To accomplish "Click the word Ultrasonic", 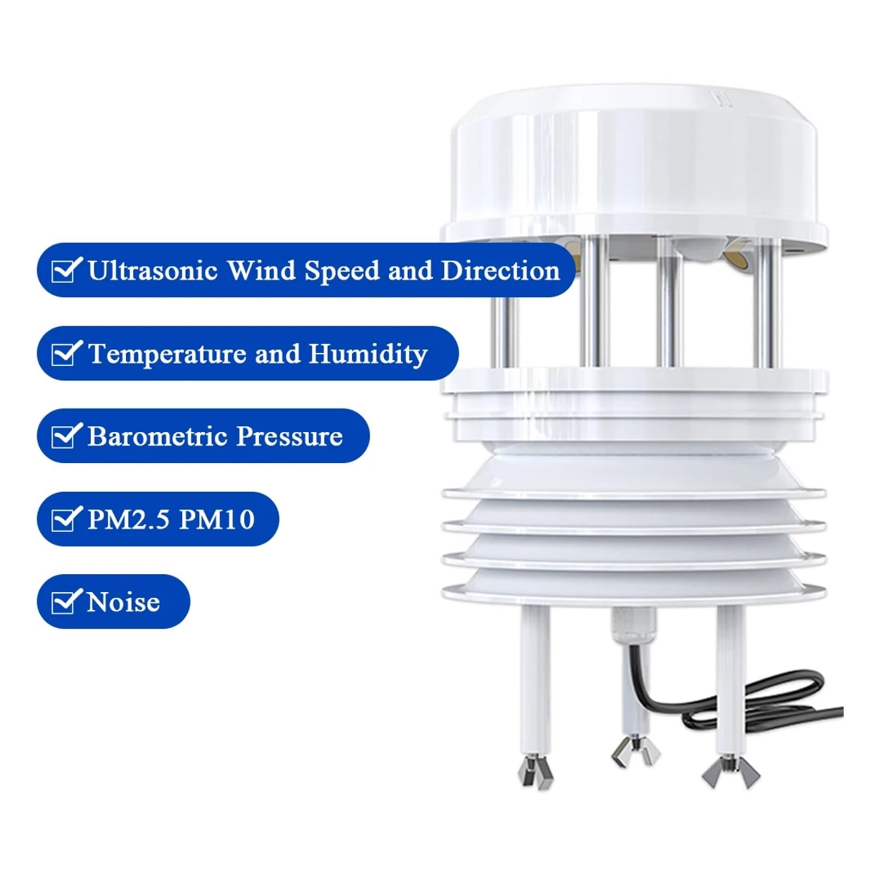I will pyautogui.click(x=152, y=271).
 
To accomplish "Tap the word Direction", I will pyautogui.click(x=500, y=271).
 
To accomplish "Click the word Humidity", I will pyautogui.click(x=368, y=354).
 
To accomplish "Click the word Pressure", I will pyautogui.click(x=290, y=437).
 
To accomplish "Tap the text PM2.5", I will pyautogui.click(x=128, y=519).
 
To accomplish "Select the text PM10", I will pyautogui.click(x=217, y=519).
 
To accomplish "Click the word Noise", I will pyautogui.click(x=124, y=602).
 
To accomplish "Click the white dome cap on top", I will pyautogui.click(x=634, y=158).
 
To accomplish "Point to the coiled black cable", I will pyautogui.click(x=762, y=702).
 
